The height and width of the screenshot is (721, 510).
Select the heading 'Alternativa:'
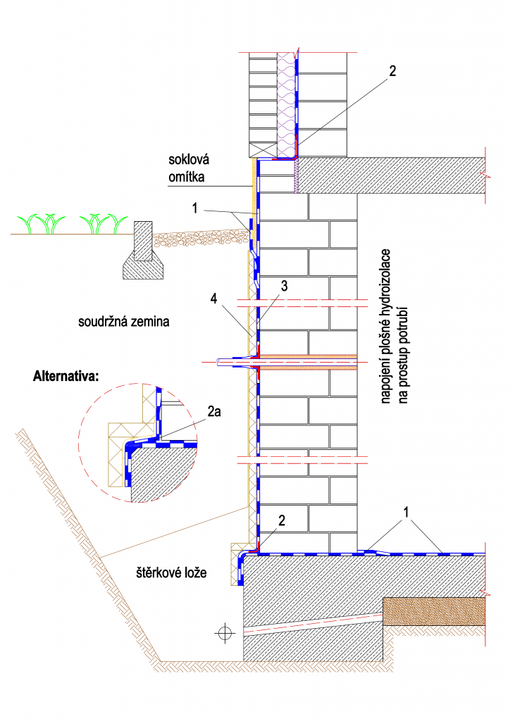(x=67, y=376)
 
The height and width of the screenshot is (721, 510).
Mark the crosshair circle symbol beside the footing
(x=225, y=632)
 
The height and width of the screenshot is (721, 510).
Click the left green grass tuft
(x=42, y=223)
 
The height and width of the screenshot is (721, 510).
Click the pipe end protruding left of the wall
(x=223, y=363)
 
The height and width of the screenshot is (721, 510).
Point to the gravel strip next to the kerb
(x=197, y=238)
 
